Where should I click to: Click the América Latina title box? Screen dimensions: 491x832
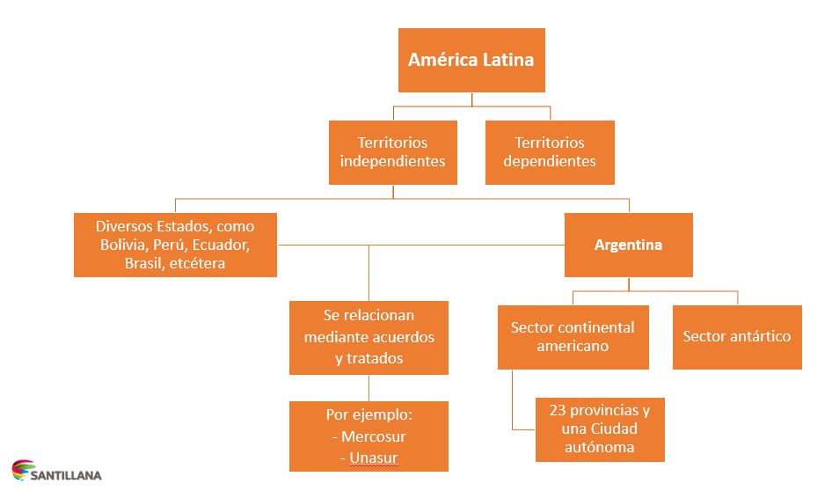tap(471, 60)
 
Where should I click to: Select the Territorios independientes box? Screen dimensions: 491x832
tap(392, 152)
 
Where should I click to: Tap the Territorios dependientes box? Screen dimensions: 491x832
tap(550, 152)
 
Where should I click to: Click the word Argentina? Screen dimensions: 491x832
tap(628, 245)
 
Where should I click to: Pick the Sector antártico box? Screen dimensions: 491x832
tap(736, 336)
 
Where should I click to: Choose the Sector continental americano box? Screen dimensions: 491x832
tap(573, 337)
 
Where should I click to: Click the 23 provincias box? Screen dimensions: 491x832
tap(599, 429)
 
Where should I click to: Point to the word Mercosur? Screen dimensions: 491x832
tap(373, 436)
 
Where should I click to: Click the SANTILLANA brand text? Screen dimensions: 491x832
tap(66, 476)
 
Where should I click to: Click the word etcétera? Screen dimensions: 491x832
tap(193, 263)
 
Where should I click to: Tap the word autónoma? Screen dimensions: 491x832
tap(599, 448)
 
